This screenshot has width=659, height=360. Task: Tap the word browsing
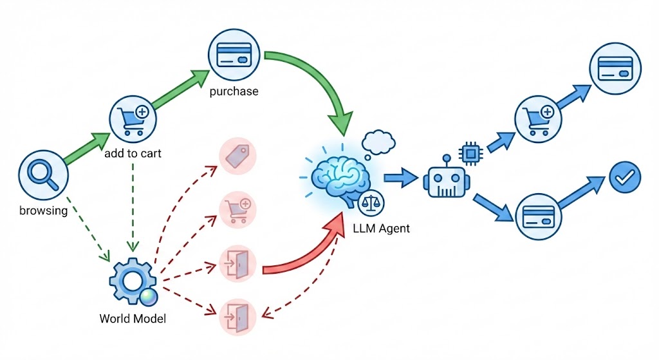43,211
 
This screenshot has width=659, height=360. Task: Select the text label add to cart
134,153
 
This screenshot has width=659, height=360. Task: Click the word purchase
234,91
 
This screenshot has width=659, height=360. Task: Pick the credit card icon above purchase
234,54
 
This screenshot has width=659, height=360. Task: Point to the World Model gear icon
132,281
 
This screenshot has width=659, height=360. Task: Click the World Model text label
133,318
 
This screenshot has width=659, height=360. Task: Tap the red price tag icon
238,155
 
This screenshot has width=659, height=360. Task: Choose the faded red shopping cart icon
238,209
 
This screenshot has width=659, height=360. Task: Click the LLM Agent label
382,229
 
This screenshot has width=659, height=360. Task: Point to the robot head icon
444,179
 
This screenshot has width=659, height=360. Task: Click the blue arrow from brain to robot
400,178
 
